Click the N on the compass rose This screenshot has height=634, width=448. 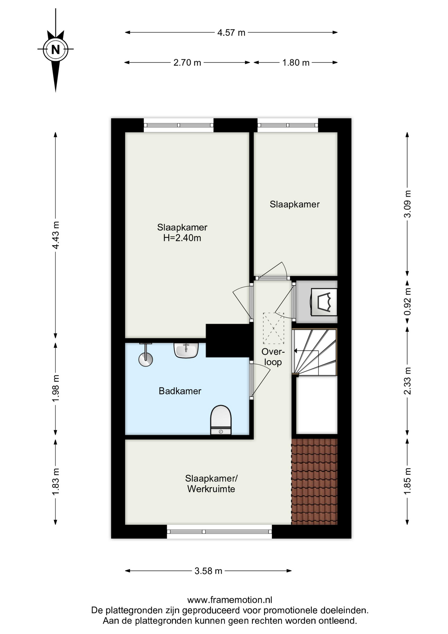point(55,49)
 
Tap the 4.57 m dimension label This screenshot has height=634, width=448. point(231,33)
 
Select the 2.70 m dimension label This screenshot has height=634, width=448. point(187,62)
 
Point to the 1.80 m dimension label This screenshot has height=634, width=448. point(296,62)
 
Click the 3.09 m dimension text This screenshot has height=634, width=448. point(408,204)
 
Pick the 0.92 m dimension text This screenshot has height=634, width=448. point(408,301)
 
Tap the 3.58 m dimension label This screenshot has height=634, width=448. point(208,571)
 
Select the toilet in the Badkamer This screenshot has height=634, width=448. point(221,420)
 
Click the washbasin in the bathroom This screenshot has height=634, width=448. point(186,350)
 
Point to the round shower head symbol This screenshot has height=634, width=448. point(145,359)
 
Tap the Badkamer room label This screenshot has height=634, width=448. point(180,391)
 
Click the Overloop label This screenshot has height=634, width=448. point(273,357)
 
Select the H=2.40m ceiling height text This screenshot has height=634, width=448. point(182,238)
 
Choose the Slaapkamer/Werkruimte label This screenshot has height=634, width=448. point(211,483)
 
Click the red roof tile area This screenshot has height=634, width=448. point(314,481)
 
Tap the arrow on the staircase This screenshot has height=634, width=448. point(306,351)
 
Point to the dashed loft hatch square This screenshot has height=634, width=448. point(273,328)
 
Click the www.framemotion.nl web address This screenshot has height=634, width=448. point(230,600)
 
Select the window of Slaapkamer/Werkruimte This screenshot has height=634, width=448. point(219,531)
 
